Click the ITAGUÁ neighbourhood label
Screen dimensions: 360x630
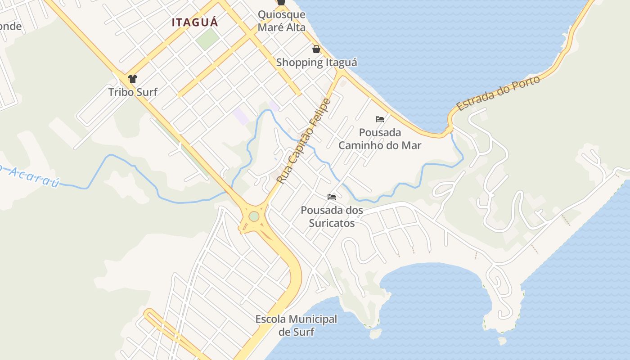[x=195, y=22]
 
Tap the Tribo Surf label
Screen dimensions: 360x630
[x=133, y=92]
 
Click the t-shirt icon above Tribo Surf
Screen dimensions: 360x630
[x=132, y=79]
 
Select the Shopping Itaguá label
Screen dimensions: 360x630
[x=316, y=63]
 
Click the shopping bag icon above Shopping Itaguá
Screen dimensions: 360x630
[x=316, y=49]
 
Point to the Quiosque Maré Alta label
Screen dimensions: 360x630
[x=281, y=21]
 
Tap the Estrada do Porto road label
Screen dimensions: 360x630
[x=498, y=93]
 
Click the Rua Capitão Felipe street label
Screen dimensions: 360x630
[x=304, y=141]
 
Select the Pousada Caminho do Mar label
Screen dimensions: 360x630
[x=380, y=139]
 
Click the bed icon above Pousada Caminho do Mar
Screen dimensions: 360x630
[x=380, y=119]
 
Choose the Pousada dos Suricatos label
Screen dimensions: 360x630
[x=332, y=216]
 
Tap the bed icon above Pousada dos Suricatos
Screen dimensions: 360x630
[x=332, y=197]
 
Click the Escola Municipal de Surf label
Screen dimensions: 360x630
[x=296, y=325]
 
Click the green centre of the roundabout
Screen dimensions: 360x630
[x=254, y=216]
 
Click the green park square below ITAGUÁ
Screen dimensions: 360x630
[x=207, y=40]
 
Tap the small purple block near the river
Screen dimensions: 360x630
[x=241, y=116]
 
